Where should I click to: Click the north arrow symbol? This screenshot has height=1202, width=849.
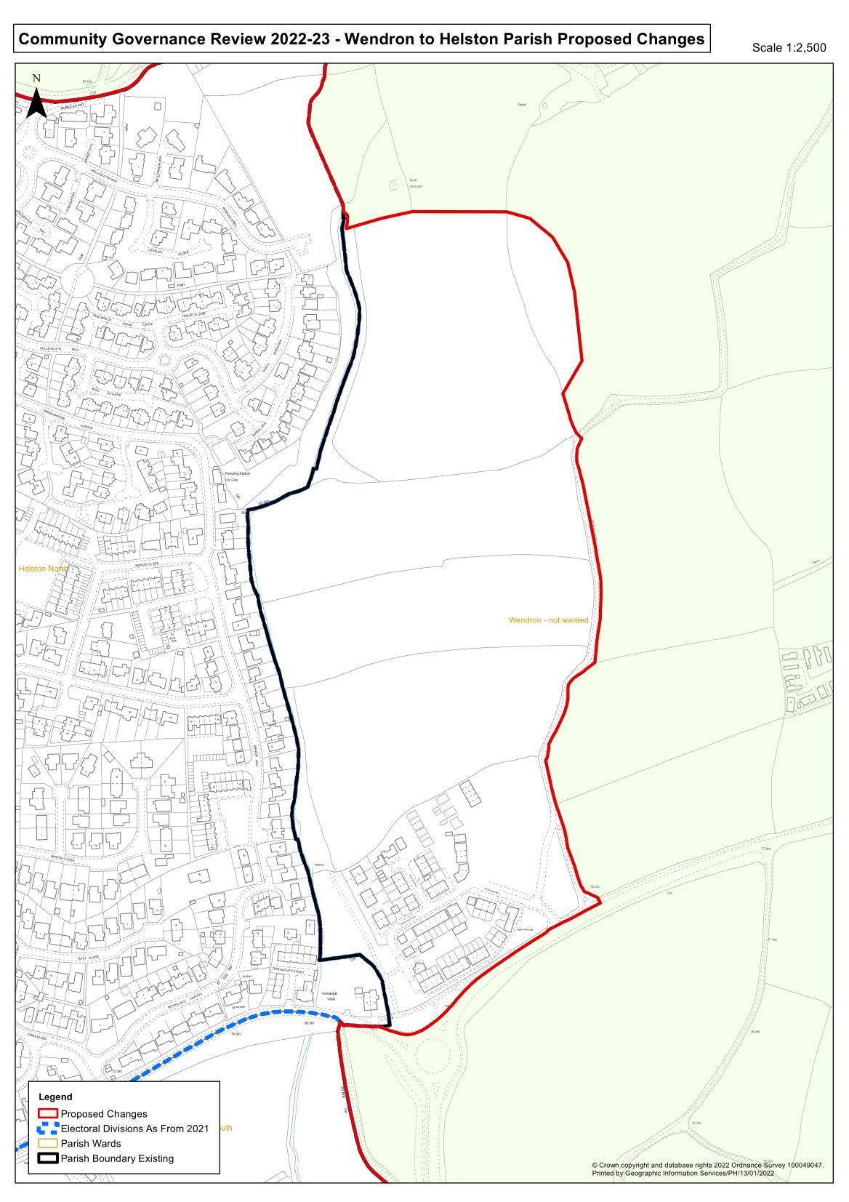[36, 99]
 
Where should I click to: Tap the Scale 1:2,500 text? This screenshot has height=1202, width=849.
[789, 48]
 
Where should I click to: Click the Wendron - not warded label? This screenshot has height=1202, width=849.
[548, 620]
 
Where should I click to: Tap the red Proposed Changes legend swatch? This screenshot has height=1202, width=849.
[48, 1113]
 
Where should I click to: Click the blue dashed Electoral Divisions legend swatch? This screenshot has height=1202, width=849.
[48, 1129]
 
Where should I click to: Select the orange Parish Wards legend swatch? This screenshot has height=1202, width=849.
[48, 1143]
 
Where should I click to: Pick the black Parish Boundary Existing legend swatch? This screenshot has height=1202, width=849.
[48, 1158]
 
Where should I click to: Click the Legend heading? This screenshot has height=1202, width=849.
[55, 1097]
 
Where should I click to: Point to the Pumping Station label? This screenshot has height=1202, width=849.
[237, 474]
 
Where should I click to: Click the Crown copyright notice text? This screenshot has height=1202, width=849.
[708, 1165]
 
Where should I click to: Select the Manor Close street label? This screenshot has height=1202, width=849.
[145, 564]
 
